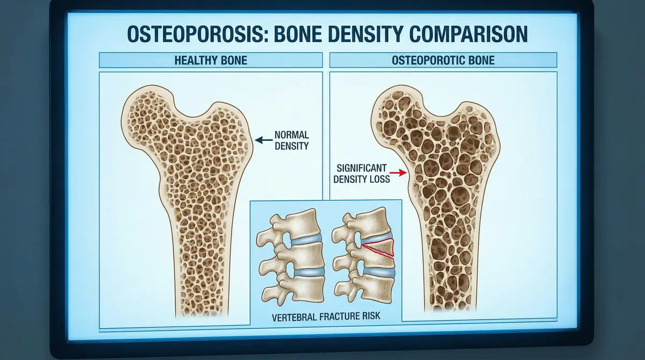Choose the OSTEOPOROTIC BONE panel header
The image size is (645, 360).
coord(443,60)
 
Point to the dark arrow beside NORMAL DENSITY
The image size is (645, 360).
coord(262,140)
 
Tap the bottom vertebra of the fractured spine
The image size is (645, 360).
coord(365,290)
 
